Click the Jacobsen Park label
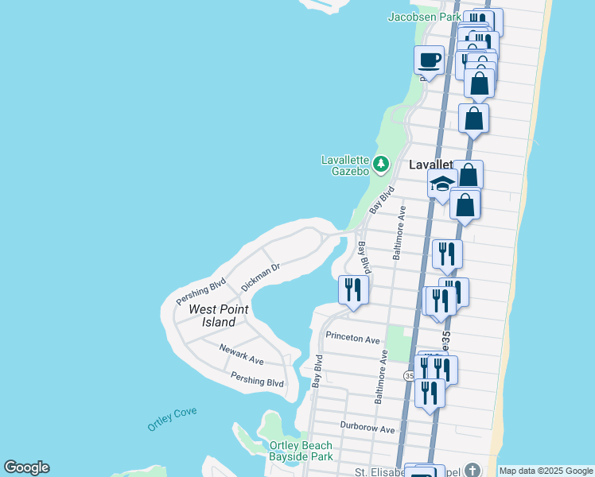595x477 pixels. [x=425, y=17]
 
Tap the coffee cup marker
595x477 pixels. [x=430, y=60]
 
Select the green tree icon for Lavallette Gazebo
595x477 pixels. [x=381, y=165]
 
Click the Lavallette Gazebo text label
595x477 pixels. [x=345, y=165]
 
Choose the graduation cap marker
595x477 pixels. [x=441, y=184]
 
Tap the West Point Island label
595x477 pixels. [x=218, y=316]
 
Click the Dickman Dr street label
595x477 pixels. [x=261, y=277]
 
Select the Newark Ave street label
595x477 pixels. [x=242, y=359]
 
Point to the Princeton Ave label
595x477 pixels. [x=352, y=339]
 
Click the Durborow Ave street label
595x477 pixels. [x=367, y=429]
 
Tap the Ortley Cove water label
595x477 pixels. [x=172, y=419]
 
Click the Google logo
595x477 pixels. [x=26, y=467]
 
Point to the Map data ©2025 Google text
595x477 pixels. [x=546, y=471]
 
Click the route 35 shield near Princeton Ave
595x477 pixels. [x=409, y=375]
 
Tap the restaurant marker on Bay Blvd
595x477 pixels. [x=353, y=289]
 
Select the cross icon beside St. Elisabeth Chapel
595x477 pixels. [x=472, y=469]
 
